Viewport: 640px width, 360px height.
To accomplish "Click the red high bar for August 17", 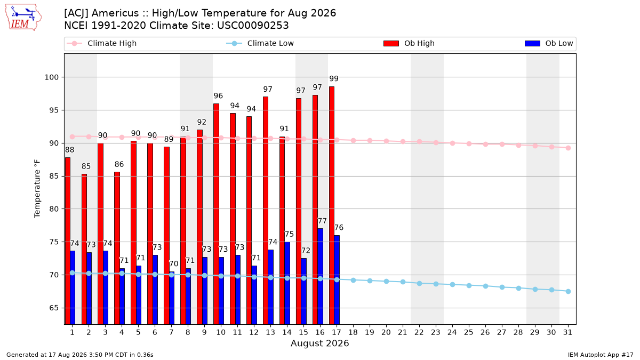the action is point(332,205).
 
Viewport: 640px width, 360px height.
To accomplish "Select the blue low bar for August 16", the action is point(321,276).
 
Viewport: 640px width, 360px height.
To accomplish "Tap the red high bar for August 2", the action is point(84,249).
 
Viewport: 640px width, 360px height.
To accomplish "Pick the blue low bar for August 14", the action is point(287,283).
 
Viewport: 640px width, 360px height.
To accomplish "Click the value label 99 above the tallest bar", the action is point(334,78).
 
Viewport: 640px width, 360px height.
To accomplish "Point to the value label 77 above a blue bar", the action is point(322,221).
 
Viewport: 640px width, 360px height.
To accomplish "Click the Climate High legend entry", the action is point(102,43).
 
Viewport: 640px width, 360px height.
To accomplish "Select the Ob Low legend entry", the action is point(549,43).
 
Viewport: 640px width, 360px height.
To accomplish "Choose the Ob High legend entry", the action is point(409,43).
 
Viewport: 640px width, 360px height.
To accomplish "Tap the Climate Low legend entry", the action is point(260,43).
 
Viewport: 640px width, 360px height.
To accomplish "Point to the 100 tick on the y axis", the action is point(51,77).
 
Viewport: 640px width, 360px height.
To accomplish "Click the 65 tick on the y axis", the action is point(54,308).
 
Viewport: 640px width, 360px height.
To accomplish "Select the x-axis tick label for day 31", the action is point(567,332).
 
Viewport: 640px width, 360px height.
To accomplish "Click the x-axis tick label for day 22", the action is point(419,332).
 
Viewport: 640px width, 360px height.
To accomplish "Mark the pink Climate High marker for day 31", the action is point(568,148).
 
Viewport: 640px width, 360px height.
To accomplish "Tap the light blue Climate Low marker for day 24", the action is point(452,285).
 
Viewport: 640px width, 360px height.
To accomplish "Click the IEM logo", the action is point(23,18).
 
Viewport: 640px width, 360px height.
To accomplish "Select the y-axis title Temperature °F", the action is point(37,189).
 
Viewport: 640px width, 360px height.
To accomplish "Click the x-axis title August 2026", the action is point(319,343).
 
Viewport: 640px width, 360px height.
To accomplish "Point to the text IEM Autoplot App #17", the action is point(601,355).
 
